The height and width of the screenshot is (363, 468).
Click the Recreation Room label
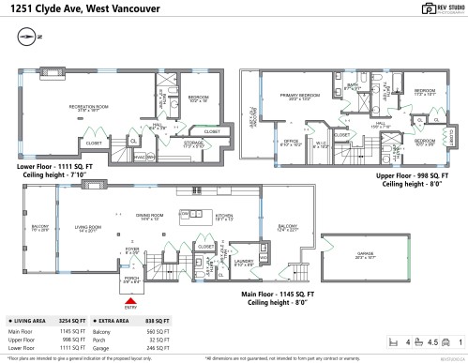pyautogui.click(x=91, y=107)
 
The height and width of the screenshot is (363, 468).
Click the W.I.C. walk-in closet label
pyautogui.click(x=321, y=144)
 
